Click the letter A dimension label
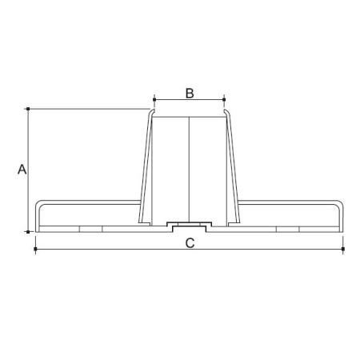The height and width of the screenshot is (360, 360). click(22, 170)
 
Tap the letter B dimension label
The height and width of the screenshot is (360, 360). click(190, 94)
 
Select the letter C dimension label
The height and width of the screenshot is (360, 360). click(190, 243)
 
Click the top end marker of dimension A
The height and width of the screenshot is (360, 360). click(28, 109)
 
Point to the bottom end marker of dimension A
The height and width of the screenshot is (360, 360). click(28, 232)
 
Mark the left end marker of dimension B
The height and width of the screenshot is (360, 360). click(154, 99)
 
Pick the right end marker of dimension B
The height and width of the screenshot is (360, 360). click(224, 99)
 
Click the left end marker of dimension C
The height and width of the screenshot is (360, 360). click(35, 249)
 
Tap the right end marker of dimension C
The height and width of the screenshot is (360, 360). click(343, 249)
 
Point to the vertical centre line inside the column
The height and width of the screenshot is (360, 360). click(189, 170)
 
